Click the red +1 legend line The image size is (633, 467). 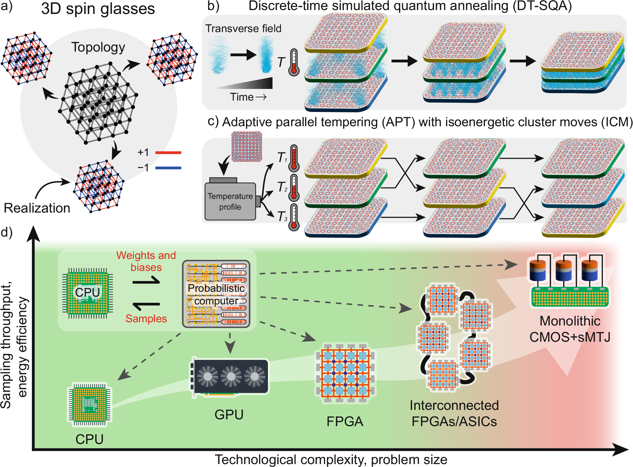(168, 153)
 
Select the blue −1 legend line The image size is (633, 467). (168, 168)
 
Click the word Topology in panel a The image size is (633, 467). (98, 47)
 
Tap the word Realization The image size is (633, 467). (37, 208)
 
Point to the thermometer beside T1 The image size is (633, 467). (294, 158)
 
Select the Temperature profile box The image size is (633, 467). (230, 201)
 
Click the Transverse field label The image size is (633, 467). (243, 29)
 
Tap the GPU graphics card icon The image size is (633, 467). (230, 376)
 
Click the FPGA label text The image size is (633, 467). (345, 422)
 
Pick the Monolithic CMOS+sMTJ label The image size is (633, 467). (570, 329)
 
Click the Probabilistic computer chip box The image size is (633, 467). (216, 294)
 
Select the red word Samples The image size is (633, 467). (146, 319)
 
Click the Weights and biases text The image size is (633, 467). (146, 261)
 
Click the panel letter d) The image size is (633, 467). (6, 232)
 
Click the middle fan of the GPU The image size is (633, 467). (231, 376)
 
